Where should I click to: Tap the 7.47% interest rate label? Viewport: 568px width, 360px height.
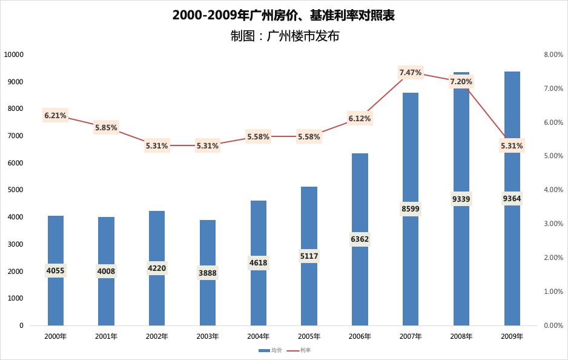410,73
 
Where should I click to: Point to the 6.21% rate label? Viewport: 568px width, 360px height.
56,116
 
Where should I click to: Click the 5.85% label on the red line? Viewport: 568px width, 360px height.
106,128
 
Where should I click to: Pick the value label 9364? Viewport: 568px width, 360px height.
512,198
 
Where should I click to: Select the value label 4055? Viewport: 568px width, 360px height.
56,270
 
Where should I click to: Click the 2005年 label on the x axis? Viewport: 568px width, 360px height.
309,336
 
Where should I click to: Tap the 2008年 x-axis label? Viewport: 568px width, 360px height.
461,336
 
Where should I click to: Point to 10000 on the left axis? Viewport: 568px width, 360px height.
14,55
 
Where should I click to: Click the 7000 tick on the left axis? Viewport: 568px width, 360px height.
16,136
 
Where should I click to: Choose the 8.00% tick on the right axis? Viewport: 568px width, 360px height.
553,55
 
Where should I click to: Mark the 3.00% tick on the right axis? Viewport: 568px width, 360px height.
553,224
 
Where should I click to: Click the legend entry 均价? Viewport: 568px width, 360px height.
270,350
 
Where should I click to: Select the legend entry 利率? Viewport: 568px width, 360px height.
299,350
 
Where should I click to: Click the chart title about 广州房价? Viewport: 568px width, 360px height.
283,16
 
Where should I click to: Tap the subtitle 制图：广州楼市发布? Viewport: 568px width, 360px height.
285,36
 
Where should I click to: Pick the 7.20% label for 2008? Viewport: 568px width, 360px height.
461,82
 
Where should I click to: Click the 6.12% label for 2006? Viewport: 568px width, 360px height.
360,119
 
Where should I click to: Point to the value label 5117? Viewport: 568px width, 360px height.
309,256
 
